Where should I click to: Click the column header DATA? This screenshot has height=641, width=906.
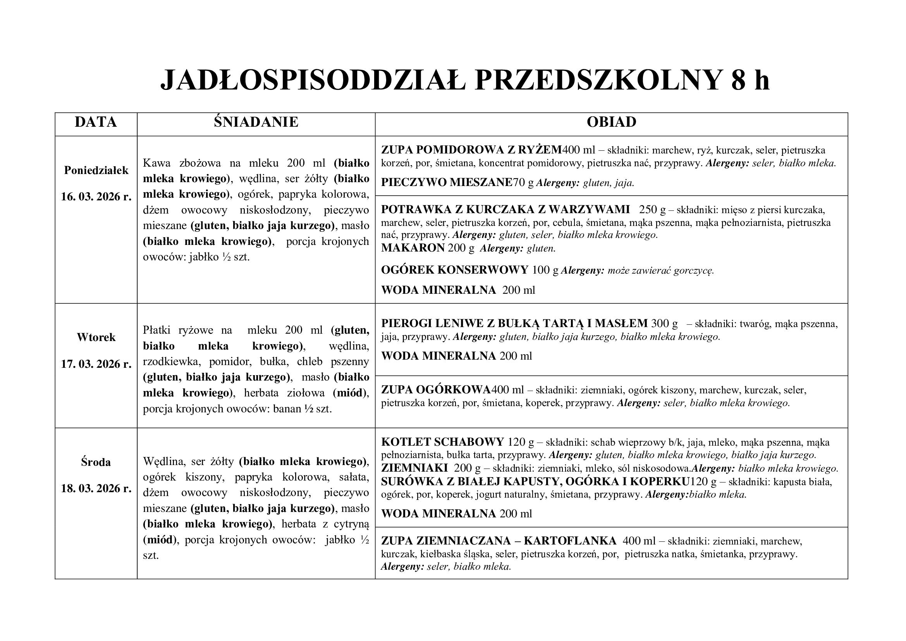point(96,122)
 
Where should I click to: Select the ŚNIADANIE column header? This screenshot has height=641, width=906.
point(256,122)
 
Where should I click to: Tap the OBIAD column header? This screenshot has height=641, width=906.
point(611,122)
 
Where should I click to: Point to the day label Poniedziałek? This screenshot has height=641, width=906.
point(96,170)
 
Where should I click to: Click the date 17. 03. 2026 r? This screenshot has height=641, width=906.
point(96,364)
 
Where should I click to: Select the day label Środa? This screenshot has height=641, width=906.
point(96,462)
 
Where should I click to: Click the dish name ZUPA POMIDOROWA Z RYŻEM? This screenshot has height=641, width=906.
point(471,150)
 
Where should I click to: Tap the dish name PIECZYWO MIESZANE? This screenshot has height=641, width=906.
point(447,183)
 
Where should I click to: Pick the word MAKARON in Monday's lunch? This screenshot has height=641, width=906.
point(413,248)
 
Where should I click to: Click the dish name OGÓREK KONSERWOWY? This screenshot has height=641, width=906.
point(455,270)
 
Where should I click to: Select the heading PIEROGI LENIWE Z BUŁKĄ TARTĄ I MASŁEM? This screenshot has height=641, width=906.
point(514,324)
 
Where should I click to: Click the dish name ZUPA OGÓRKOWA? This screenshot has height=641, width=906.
point(436,390)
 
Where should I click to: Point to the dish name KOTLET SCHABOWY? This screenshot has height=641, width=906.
point(442,442)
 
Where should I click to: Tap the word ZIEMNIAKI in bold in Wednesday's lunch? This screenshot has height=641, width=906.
point(414,468)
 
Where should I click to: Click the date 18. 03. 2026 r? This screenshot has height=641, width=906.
point(96,488)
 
